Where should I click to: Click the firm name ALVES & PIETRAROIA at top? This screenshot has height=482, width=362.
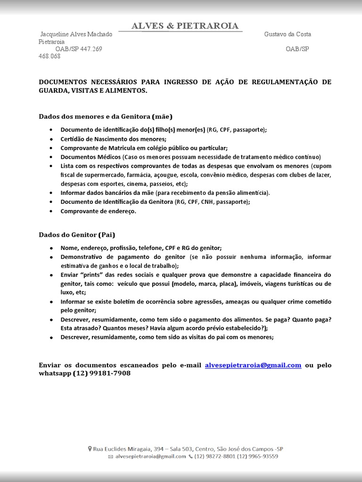click(x=185, y=26)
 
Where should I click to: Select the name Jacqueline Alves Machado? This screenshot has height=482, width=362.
click(x=76, y=34)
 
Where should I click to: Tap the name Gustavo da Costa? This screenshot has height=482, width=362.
click(x=288, y=34)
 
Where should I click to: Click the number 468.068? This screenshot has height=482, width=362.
click(x=49, y=56)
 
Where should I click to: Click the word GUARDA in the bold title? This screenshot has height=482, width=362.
click(x=53, y=90)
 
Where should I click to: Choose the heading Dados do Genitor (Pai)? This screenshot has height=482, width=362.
click(x=77, y=234)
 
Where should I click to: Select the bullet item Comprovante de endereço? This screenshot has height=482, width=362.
click(x=98, y=211)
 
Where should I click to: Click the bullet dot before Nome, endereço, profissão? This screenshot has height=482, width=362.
click(x=51, y=248)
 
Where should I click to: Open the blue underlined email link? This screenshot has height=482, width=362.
click(x=253, y=365)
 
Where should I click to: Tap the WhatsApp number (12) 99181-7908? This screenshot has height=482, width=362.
click(x=101, y=373)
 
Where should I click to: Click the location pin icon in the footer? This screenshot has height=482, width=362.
click(x=90, y=449)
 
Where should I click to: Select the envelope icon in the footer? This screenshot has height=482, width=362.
click(x=110, y=457)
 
